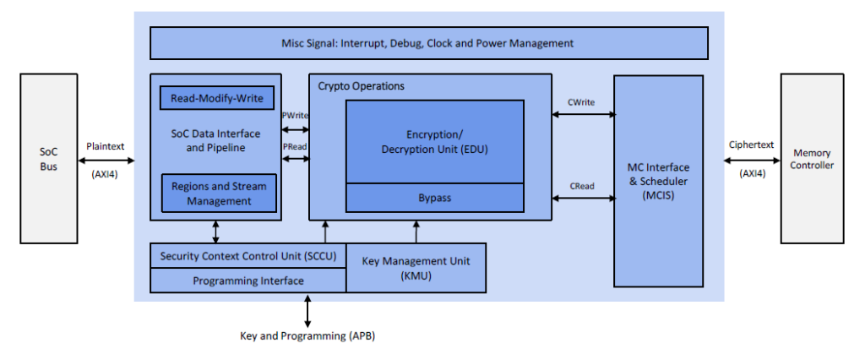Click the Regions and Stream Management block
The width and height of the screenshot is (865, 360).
click(219, 193)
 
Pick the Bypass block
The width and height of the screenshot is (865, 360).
click(435, 198)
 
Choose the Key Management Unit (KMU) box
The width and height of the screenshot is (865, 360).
click(416, 267)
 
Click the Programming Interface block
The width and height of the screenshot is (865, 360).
click(248, 281)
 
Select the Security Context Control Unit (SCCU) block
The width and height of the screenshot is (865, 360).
click(248, 256)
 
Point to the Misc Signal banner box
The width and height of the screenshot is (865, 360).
click(428, 43)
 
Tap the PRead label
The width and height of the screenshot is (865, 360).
click(295, 146)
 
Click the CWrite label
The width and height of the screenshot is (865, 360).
click(581, 102)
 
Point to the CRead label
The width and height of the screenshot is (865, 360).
click(581, 185)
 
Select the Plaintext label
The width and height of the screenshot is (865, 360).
click(106, 146)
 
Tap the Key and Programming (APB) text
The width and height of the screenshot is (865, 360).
click(307, 336)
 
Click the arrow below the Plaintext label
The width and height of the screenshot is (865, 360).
click(106, 159)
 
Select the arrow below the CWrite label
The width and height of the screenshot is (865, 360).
click(583, 115)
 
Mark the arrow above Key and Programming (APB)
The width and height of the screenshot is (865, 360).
click(307, 310)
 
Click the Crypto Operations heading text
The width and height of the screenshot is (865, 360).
click(362, 86)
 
